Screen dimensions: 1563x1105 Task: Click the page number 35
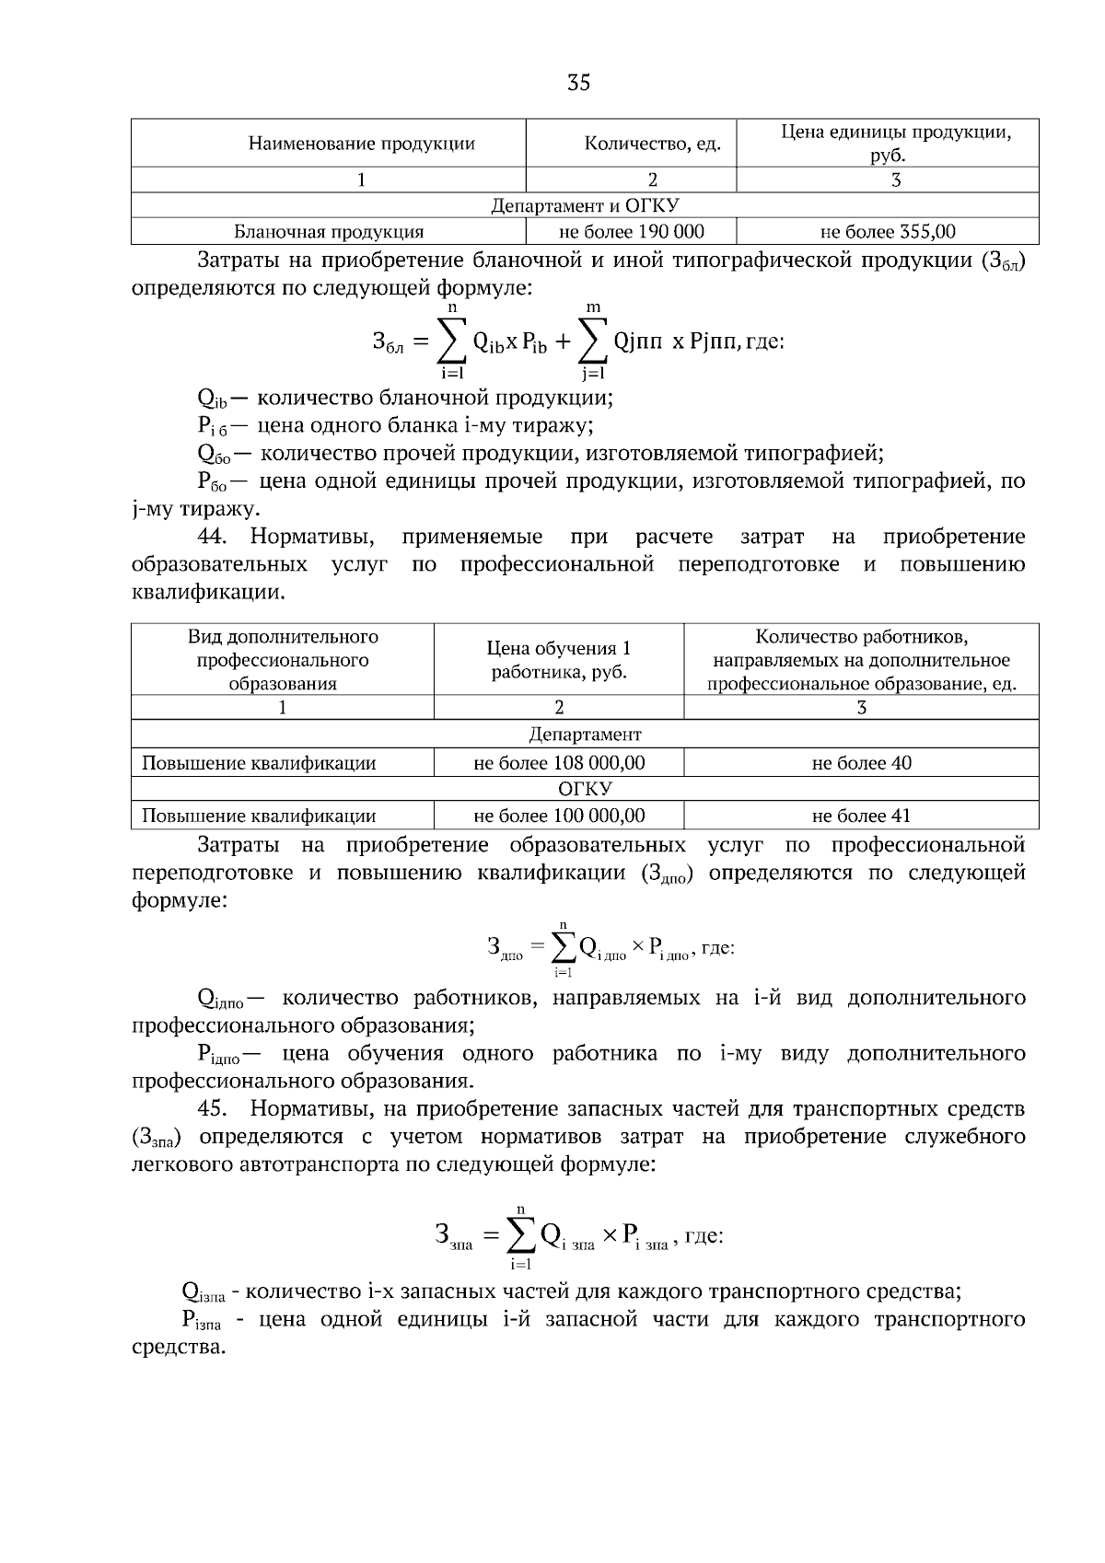click(x=578, y=84)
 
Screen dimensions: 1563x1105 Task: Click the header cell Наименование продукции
click(x=361, y=144)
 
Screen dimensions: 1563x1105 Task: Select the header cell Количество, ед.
click(x=653, y=144)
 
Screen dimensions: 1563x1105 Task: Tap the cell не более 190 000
click(x=631, y=232)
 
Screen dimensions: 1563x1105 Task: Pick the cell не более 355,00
click(x=887, y=232)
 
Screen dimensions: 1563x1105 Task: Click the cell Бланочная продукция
click(x=328, y=232)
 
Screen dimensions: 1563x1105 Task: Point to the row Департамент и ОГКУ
click(x=585, y=205)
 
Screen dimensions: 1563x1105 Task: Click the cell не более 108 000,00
click(x=559, y=763)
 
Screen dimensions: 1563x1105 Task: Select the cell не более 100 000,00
click(x=559, y=816)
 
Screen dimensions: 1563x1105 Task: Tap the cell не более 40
click(x=861, y=763)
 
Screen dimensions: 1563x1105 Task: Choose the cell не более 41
click(x=861, y=816)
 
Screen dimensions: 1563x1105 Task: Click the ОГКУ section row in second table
click(x=585, y=789)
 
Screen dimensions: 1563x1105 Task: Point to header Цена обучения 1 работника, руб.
click(x=559, y=660)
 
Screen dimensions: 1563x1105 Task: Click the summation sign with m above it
click(x=593, y=342)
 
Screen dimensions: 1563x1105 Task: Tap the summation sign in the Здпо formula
click(x=563, y=946)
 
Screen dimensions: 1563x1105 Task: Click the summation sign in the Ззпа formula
click(x=521, y=1235)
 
